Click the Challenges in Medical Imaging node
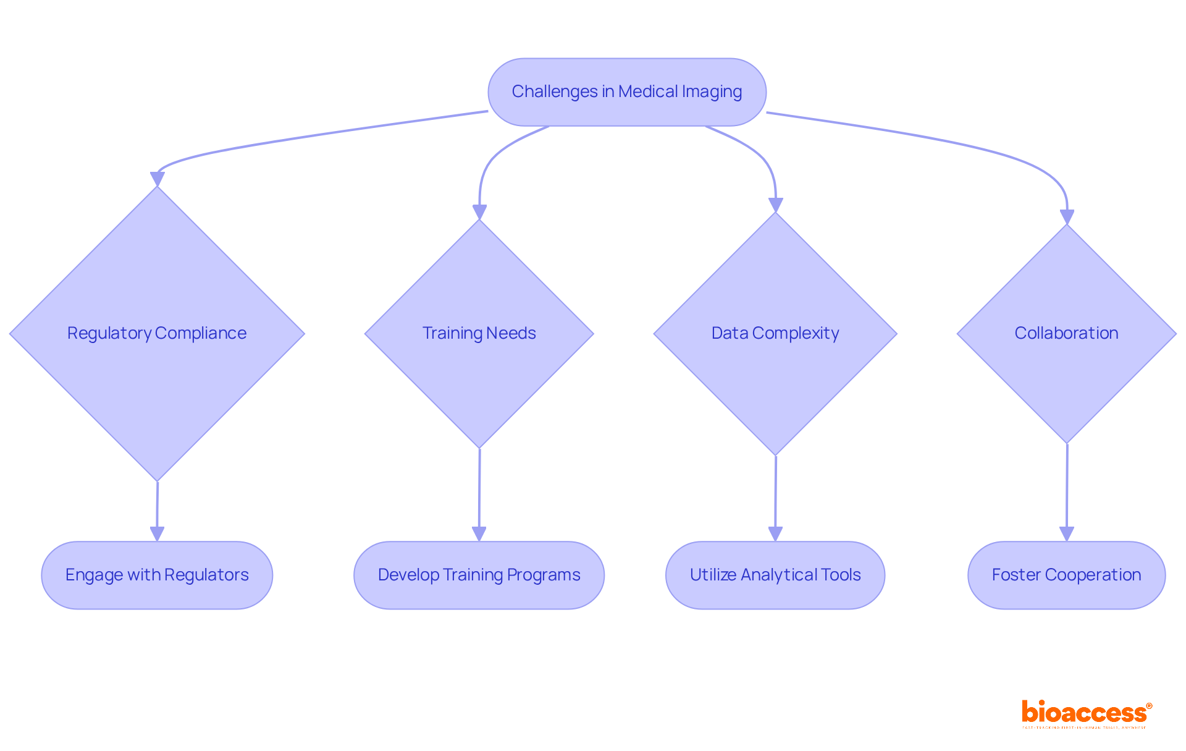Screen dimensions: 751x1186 tap(627, 92)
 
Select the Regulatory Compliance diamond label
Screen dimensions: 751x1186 tap(157, 333)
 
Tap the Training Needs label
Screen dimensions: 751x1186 tap(479, 333)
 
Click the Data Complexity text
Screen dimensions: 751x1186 tap(775, 333)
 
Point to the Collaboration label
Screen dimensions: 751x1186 tap(1066, 333)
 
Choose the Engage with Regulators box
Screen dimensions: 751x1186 tap(157, 575)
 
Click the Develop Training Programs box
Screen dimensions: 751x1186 tap(479, 575)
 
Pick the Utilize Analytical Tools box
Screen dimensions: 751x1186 tap(775, 575)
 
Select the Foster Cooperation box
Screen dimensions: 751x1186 tap(1066, 575)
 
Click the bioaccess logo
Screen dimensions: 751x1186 tap(1086, 713)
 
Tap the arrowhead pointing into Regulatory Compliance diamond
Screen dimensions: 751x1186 tap(158, 179)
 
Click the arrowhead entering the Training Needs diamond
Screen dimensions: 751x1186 tap(479, 212)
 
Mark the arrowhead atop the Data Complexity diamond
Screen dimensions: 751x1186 tap(776, 205)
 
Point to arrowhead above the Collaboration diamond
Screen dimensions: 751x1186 tap(1067, 217)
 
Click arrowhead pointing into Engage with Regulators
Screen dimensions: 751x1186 tap(157, 534)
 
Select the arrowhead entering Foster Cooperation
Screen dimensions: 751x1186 tap(1067, 534)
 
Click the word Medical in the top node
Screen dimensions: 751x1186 tap(648, 91)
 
